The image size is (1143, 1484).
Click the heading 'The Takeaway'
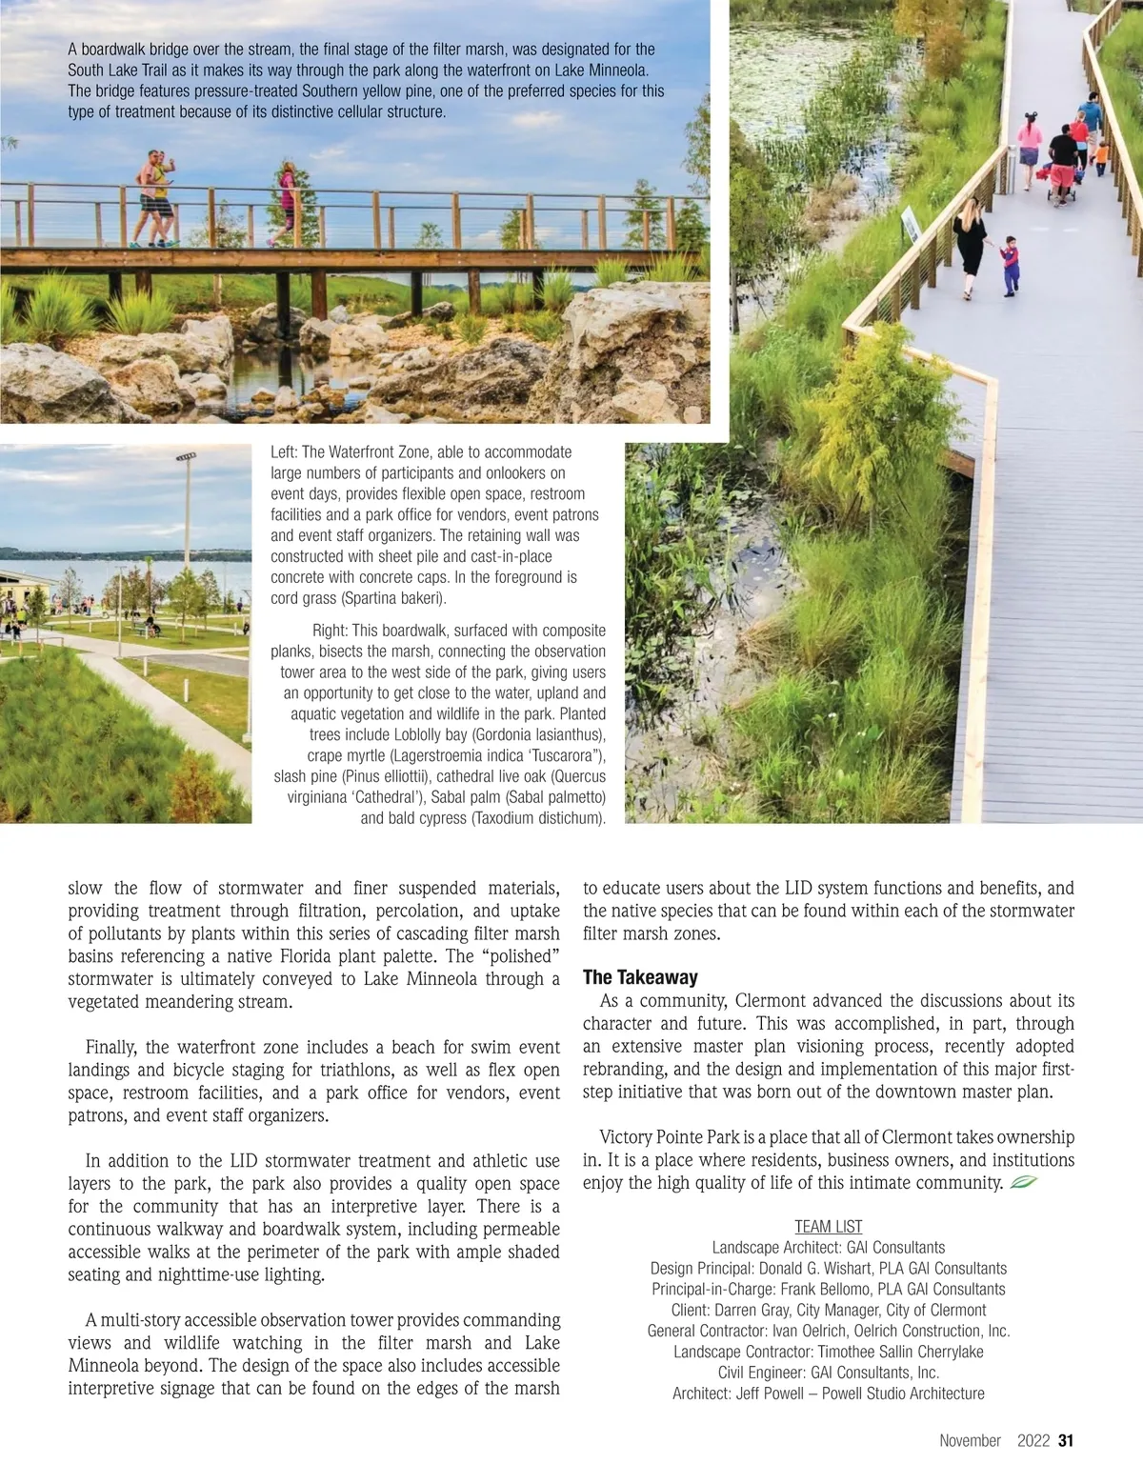pyautogui.click(x=640, y=977)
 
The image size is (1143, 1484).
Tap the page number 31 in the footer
pyautogui.click(x=1066, y=1440)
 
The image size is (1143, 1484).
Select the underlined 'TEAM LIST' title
pyautogui.click(x=828, y=1227)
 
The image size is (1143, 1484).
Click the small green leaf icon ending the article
pyautogui.click(x=1022, y=1183)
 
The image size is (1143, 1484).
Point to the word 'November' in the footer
pyautogui.click(x=970, y=1440)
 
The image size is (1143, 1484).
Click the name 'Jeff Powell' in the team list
pyautogui.click(x=773, y=1394)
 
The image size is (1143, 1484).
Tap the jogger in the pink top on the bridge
pyautogui.click(x=285, y=203)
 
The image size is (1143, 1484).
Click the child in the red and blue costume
pyautogui.click(x=1010, y=265)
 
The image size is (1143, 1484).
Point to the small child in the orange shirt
pyautogui.click(x=1101, y=156)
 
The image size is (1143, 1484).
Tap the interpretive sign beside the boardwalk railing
pyautogui.click(x=912, y=224)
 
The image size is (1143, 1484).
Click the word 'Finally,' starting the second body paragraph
pyautogui.click(x=111, y=1048)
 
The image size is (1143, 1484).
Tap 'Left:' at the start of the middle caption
pyautogui.click(x=284, y=452)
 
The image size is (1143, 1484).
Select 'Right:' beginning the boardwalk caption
pyautogui.click(x=331, y=631)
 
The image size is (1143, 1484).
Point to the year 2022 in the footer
pyautogui.click(x=1033, y=1440)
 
